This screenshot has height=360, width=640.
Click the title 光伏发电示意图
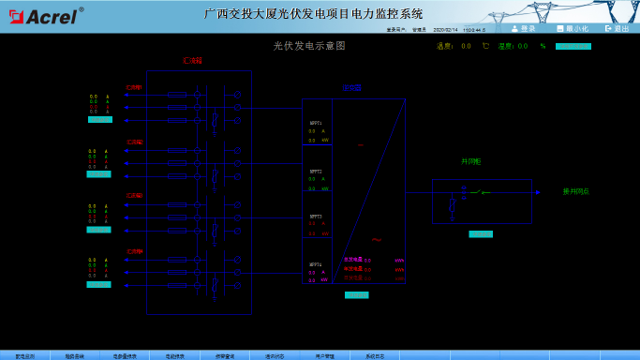tap(309, 45)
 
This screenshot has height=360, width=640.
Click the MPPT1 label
tap(316, 123)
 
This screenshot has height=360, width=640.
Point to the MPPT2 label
tap(316, 172)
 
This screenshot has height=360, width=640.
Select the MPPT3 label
tap(316, 216)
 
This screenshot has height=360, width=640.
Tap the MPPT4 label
tap(316, 264)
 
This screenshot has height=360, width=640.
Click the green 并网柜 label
tap(469, 160)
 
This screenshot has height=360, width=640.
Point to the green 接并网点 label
tap(575, 191)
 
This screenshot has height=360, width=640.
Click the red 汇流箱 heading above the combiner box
tap(192, 60)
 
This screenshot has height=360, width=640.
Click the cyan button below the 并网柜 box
tap(480, 233)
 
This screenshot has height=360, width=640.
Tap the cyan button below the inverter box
tap(356, 295)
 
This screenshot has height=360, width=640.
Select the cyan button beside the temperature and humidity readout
tap(573, 45)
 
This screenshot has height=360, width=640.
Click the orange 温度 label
tap(443, 45)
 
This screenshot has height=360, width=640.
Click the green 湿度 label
tap(506, 45)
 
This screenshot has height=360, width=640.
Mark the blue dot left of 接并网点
tap(537, 191)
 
